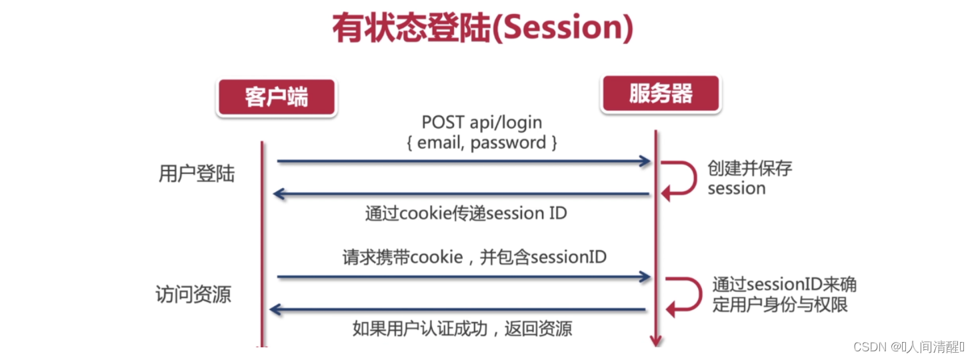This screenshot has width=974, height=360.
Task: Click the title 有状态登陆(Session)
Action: (x=482, y=28)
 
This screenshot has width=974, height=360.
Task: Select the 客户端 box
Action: (x=276, y=97)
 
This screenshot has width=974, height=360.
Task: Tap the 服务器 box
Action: (x=660, y=93)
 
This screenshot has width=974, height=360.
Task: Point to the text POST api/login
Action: (x=481, y=123)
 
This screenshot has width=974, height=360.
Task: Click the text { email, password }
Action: (x=481, y=143)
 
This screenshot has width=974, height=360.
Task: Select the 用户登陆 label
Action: (x=197, y=174)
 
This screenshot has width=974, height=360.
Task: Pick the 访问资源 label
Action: (x=193, y=294)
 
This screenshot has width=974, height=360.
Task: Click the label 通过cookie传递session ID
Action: (x=466, y=213)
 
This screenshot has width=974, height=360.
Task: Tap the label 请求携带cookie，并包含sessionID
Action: (x=475, y=257)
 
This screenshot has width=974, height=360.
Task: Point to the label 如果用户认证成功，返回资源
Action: (x=461, y=329)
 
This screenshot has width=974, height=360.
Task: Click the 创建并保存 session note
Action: (x=749, y=178)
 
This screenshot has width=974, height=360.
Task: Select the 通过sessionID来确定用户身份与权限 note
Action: (x=784, y=294)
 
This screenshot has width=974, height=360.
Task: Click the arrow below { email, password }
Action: (x=463, y=161)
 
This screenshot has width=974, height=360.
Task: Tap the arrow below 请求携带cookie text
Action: (x=463, y=276)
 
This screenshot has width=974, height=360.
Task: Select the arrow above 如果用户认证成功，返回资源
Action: (x=459, y=309)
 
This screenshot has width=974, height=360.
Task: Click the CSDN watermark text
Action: (x=909, y=347)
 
